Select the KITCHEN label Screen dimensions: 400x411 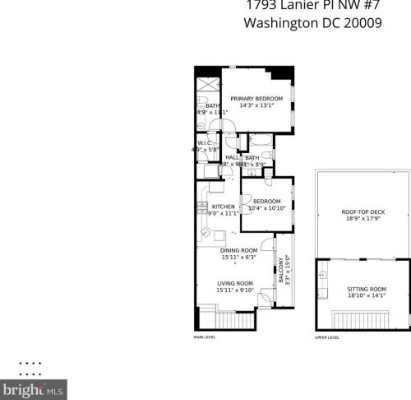224,207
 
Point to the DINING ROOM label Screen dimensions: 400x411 238,250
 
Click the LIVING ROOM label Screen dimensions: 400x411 234,283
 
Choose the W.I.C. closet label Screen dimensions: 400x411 205,143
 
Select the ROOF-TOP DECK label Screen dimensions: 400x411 362,212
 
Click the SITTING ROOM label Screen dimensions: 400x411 367,289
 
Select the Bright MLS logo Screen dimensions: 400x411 34,387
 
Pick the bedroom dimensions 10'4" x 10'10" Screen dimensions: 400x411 267,208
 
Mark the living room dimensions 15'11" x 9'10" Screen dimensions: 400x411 234,290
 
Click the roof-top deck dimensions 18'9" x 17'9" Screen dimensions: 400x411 362,219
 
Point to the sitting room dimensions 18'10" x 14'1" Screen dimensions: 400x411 367,295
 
